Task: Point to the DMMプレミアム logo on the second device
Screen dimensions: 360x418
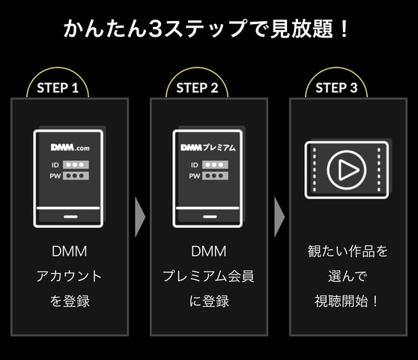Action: [x=208, y=148]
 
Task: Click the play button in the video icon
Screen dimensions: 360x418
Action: [x=347, y=170]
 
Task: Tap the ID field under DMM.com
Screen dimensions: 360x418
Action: [x=75, y=164]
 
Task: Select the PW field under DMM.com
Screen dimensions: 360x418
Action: [x=75, y=175]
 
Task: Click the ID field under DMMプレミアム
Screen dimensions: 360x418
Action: [x=214, y=164]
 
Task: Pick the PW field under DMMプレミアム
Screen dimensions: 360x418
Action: [x=214, y=175]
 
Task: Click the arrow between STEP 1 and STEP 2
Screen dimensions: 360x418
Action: [x=139, y=218]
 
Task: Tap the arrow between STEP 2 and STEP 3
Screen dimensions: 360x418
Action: [x=279, y=218]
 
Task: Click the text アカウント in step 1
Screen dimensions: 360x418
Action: [x=69, y=276]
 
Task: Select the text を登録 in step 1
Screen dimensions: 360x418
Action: [x=69, y=301]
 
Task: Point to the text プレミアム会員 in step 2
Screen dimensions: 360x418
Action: [x=208, y=276]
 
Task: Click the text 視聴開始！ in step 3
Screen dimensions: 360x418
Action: [x=348, y=301]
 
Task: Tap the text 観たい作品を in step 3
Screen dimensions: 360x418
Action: [x=348, y=251]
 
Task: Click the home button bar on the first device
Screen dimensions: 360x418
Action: [x=68, y=215]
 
